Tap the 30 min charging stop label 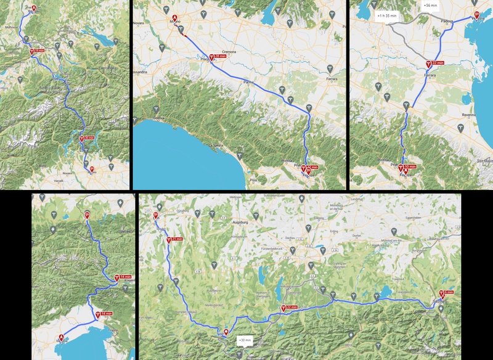(x=88, y=137)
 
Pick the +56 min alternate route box (x=430, y=5)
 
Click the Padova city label (x=447, y=21)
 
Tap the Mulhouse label (x=10, y=28)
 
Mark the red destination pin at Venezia (x=476, y=15)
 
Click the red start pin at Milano (x=174, y=18)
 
